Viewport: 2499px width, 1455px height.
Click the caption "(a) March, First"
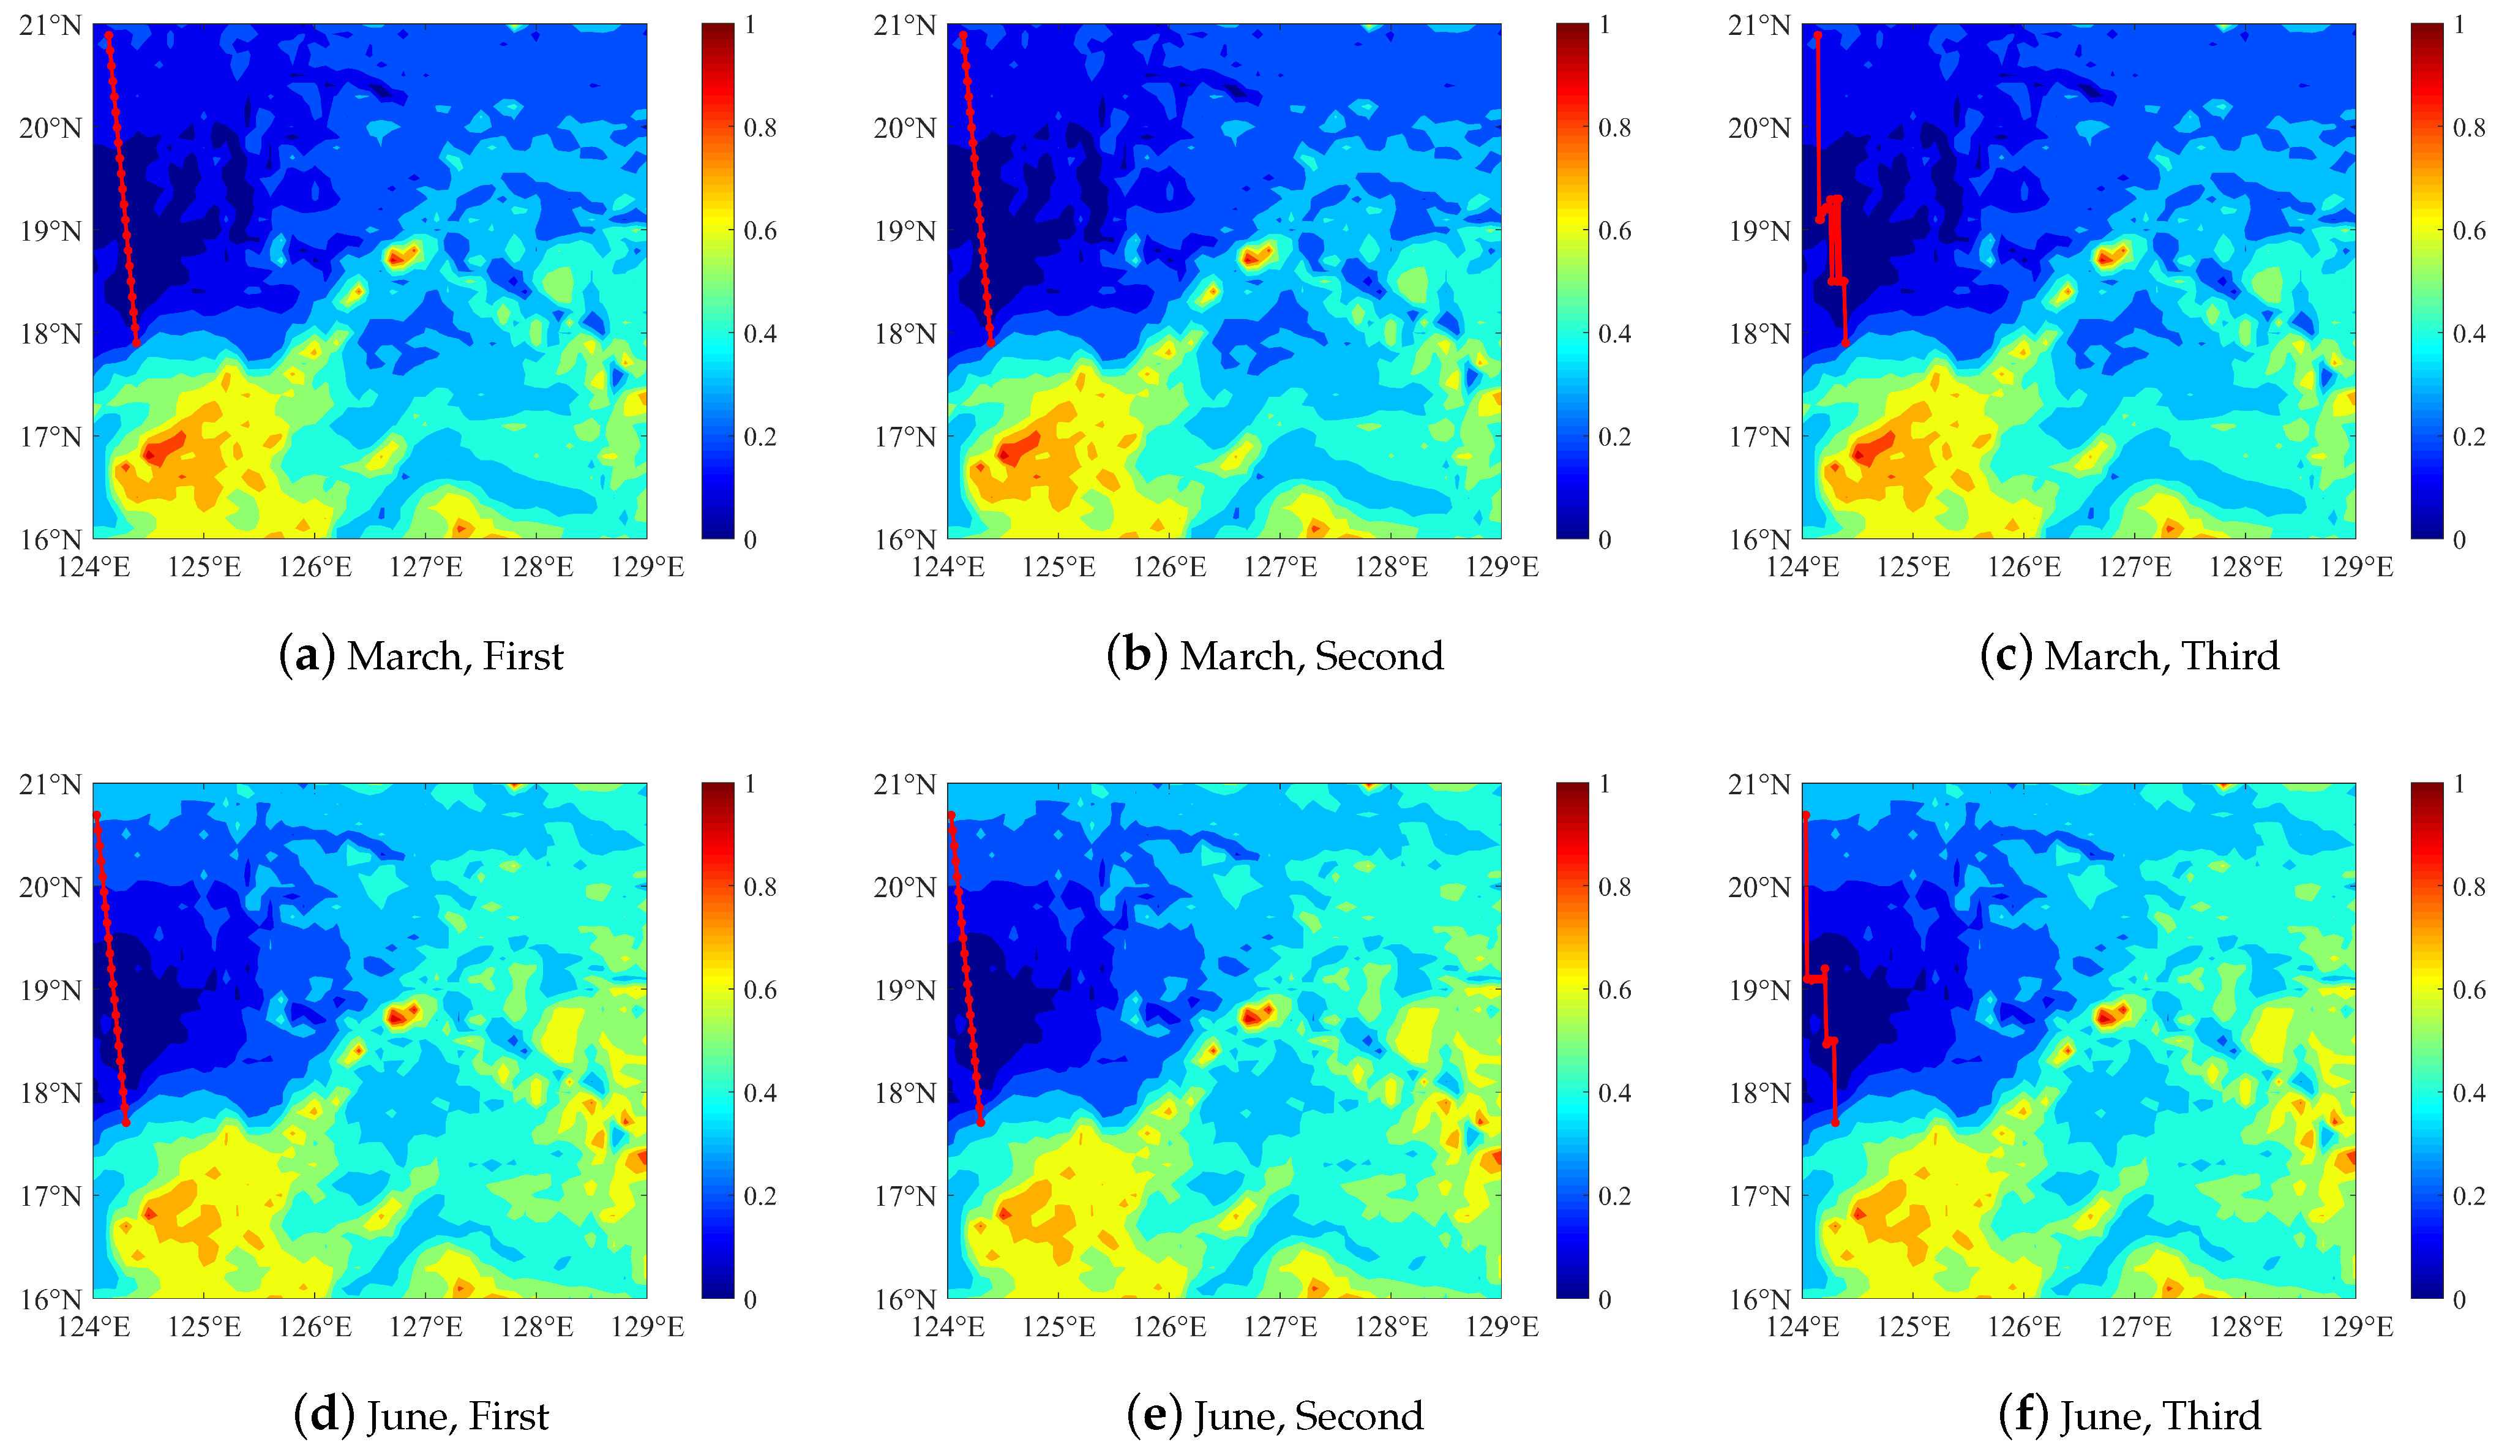421,656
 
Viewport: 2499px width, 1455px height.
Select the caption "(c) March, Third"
2129,656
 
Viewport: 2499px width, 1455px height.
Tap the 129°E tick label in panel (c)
2356,567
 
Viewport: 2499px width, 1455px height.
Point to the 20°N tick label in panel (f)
1759,887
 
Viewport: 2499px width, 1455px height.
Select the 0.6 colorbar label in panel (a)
760,230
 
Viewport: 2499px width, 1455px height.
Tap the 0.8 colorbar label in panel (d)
760,887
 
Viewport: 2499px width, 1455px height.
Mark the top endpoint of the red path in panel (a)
108,36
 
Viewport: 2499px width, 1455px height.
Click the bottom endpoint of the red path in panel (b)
991,343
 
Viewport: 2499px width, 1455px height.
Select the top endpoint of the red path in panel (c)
1817,36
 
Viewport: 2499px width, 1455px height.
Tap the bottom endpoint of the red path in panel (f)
1835,1122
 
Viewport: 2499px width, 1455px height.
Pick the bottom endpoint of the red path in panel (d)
126,1122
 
